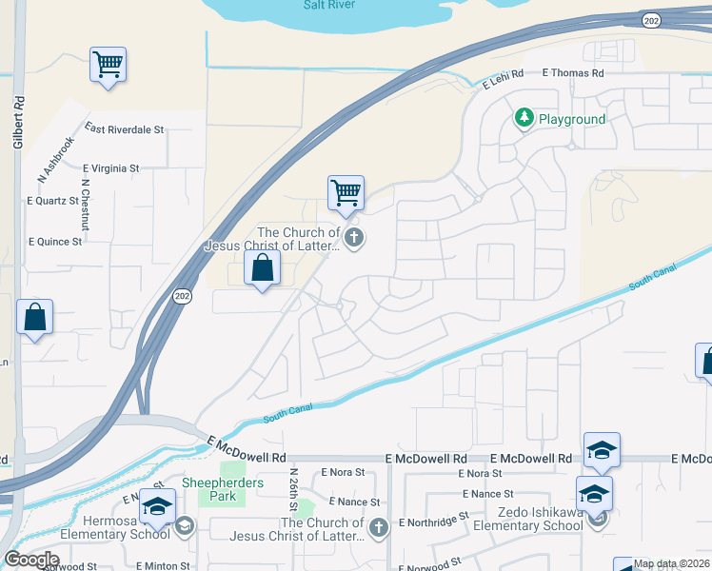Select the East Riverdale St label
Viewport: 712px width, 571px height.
tap(124, 128)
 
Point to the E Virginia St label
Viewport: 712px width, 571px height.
tap(110, 168)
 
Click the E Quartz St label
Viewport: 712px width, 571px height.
tap(54, 201)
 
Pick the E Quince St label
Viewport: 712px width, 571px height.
tap(55, 242)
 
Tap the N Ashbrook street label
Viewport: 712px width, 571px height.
tap(55, 159)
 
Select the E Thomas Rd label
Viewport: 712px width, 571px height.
tap(573, 72)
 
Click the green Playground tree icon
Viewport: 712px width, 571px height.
tap(524, 118)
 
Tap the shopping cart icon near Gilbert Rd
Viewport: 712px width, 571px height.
tap(108, 65)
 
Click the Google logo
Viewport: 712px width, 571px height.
tap(31, 560)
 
